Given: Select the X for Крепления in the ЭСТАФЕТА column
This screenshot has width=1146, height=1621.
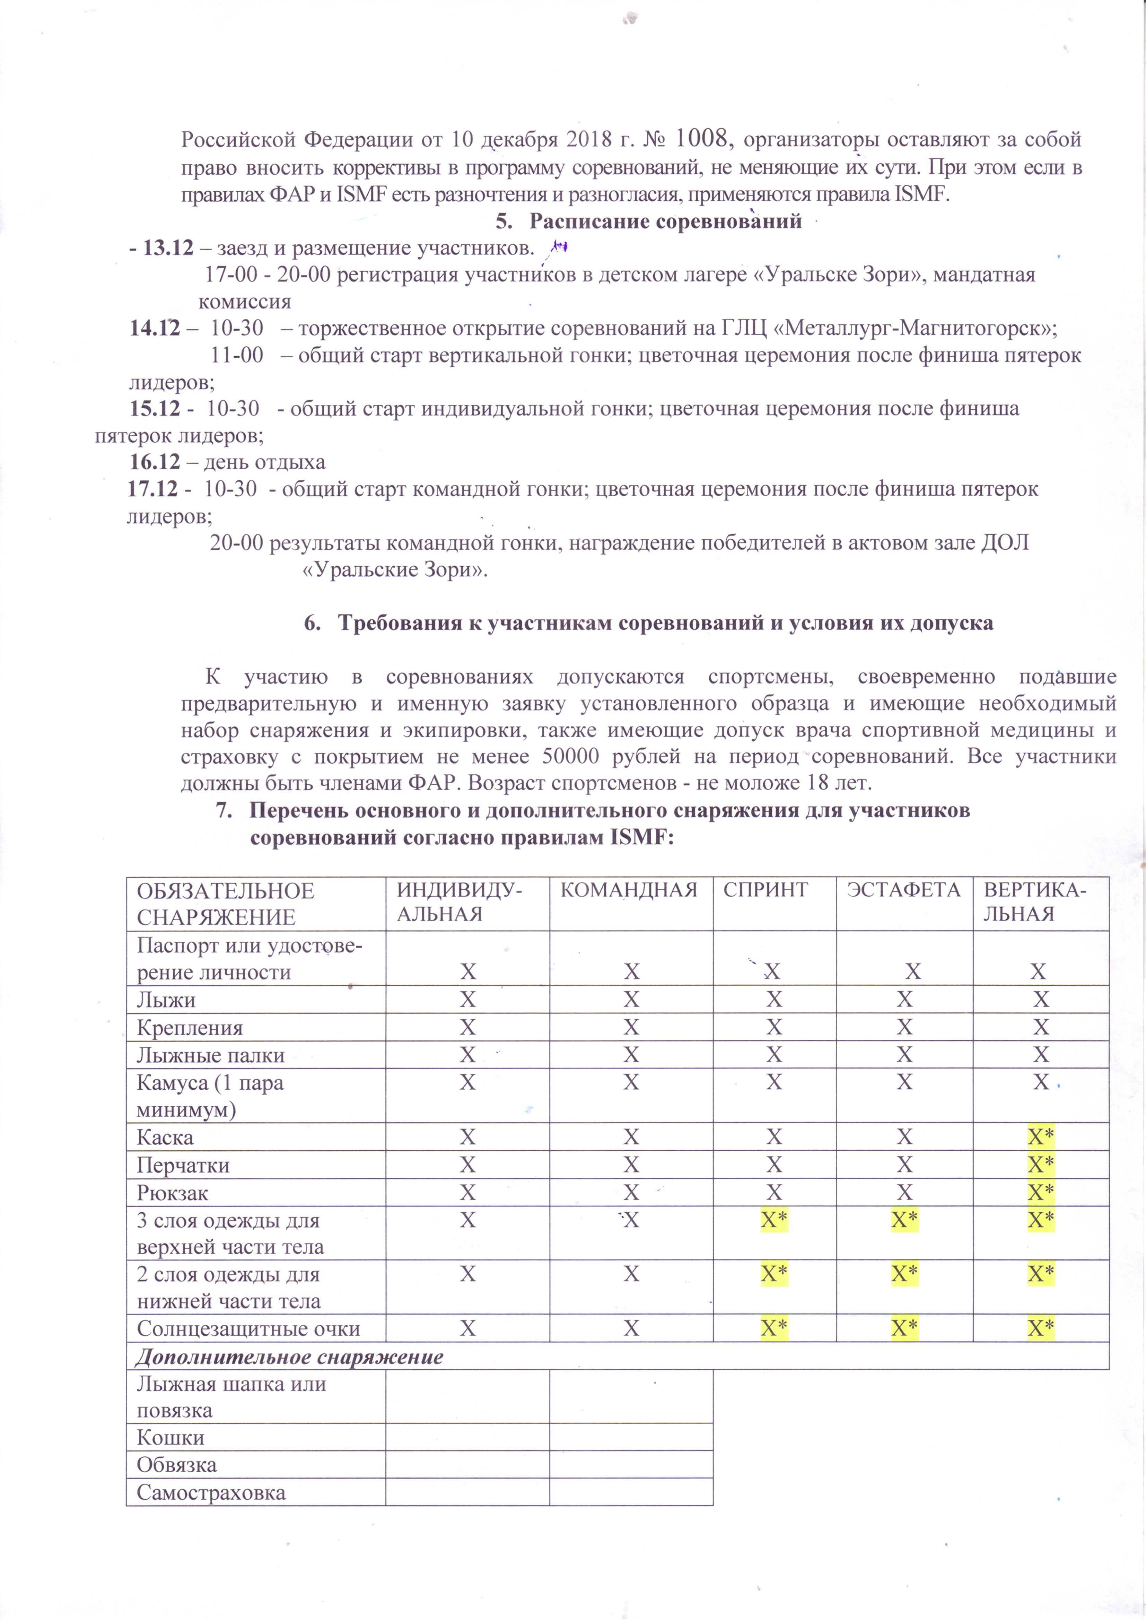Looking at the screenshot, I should (904, 1027).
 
